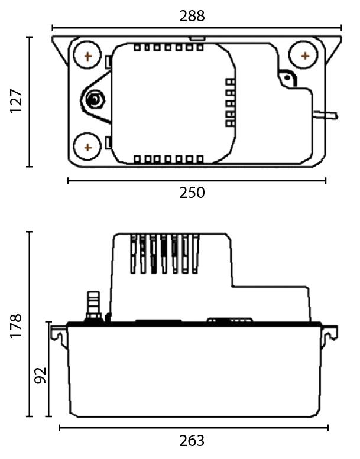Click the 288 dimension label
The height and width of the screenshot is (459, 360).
coord(192,16)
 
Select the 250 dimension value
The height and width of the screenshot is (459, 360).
coord(192,193)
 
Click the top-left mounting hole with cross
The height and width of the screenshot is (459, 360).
coord(87,57)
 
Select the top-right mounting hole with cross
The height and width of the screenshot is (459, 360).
coord(304,56)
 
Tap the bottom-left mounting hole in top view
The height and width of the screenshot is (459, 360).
coord(87,147)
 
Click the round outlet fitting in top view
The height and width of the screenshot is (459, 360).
coord(93,100)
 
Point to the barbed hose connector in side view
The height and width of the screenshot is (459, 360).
coord(93,302)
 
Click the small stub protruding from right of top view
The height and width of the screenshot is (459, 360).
coord(327,113)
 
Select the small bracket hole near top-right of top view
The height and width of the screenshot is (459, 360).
coord(288,79)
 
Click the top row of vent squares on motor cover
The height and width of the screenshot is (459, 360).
coord(168,47)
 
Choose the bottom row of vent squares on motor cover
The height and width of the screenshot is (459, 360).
coord(168,159)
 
